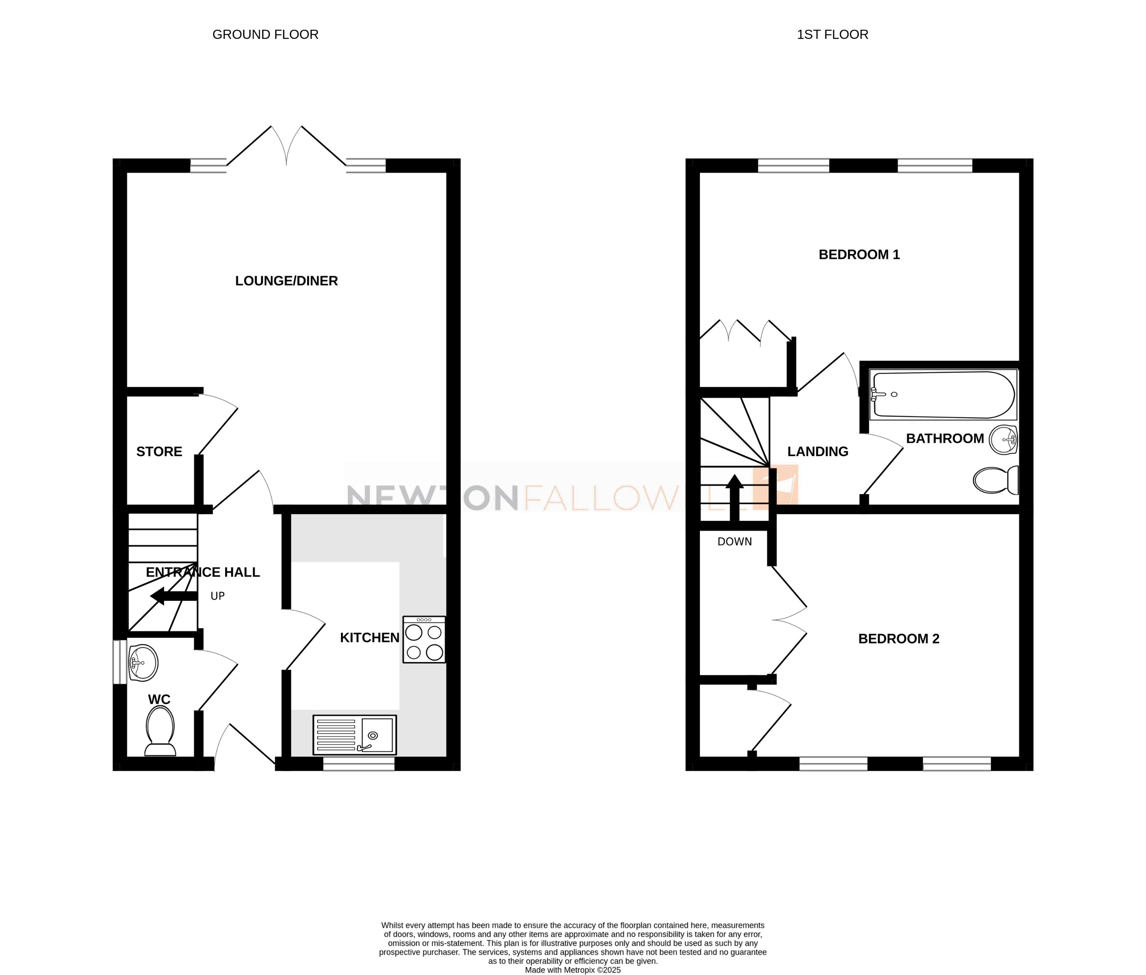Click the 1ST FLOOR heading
(832, 34)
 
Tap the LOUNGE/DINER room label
(286, 281)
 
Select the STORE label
(159, 452)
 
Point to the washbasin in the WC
(143, 662)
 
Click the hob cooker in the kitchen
(424, 640)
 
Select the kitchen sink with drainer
(354, 735)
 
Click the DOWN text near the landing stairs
(734, 542)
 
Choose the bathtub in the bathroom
(943, 395)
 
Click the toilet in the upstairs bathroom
(995, 480)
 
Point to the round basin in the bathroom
(1003, 440)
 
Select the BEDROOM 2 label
(898, 639)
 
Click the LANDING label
(817, 452)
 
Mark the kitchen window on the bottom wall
(358, 764)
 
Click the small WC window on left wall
(119, 662)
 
